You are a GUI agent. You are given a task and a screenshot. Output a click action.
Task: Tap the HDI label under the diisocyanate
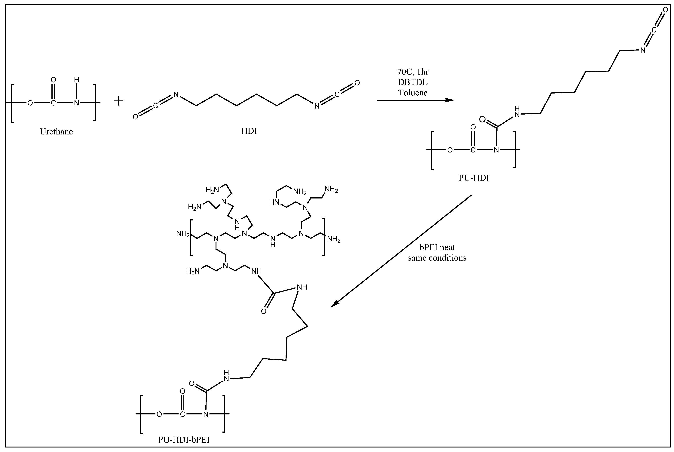249,131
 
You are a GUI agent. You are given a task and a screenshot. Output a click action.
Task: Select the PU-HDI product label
474,178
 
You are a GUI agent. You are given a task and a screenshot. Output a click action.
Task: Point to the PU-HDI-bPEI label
184,440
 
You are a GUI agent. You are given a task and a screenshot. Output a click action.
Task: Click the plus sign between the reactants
118,101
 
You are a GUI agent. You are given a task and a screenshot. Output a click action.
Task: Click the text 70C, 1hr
413,72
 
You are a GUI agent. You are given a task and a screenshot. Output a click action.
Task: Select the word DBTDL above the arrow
413,82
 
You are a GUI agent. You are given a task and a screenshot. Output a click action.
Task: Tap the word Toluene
413,93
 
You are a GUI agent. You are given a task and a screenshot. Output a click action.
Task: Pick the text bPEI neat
437,247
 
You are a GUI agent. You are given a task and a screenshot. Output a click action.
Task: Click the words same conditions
437,258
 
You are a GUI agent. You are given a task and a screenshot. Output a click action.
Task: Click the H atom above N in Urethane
76,80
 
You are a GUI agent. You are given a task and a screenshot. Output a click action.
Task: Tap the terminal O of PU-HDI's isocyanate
665,10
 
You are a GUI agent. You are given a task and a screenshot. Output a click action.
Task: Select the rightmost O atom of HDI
357,83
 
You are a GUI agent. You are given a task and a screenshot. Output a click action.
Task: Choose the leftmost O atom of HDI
135,117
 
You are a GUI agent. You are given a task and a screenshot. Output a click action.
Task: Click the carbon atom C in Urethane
53,103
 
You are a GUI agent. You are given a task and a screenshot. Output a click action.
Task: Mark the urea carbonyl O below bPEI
263,311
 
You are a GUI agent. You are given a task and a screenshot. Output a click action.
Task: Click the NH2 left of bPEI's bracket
183,233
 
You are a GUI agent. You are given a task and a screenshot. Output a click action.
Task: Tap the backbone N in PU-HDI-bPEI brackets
205,414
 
